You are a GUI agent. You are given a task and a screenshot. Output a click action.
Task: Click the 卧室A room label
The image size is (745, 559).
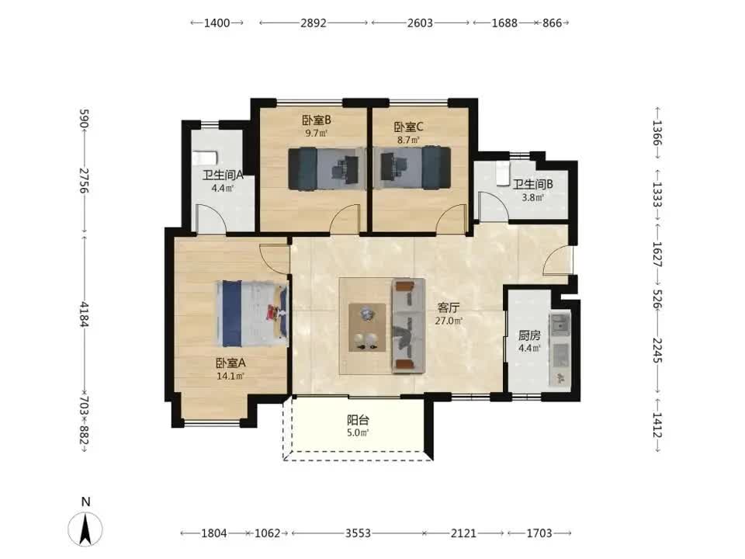click(x=231, y=363)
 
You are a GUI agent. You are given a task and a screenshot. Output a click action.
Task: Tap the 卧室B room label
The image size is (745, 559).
click(x=317, y=120)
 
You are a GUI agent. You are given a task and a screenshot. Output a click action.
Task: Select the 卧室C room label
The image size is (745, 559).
click(x=409, y=127)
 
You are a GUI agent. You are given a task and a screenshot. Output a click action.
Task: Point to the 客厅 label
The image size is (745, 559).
click(x=448, y=308)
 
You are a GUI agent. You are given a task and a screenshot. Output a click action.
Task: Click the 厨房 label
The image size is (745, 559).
click(x=529, y=335)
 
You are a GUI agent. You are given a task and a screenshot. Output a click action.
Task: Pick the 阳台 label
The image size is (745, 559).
click(x=358, y=420)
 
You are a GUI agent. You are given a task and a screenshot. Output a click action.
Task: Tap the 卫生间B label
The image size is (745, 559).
click(x=532, y=185)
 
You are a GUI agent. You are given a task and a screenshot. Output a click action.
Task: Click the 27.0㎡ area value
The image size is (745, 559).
click(x=449, y=321)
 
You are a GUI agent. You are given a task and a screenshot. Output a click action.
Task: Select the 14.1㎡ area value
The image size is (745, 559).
click(x=231, y=377)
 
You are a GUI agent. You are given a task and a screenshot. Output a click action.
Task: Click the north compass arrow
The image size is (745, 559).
click(x=85, y=529)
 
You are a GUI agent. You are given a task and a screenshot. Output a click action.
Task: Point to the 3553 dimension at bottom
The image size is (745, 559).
click(x=358, y=533)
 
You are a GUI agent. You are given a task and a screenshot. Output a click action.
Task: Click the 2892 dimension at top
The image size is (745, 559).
click(x=314, y=23)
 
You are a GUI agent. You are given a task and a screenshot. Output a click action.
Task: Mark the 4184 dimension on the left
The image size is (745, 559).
click(x=85, y=314)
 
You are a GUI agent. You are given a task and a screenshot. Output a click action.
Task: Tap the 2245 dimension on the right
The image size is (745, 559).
click(x=657, y=350)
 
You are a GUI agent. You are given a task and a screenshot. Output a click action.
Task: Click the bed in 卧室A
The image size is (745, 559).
click(x=253, y=314)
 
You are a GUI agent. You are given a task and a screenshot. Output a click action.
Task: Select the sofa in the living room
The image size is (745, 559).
click(x=408, y=326)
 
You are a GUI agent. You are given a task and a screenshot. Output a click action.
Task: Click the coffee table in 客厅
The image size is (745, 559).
click(x=367, y=328)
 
